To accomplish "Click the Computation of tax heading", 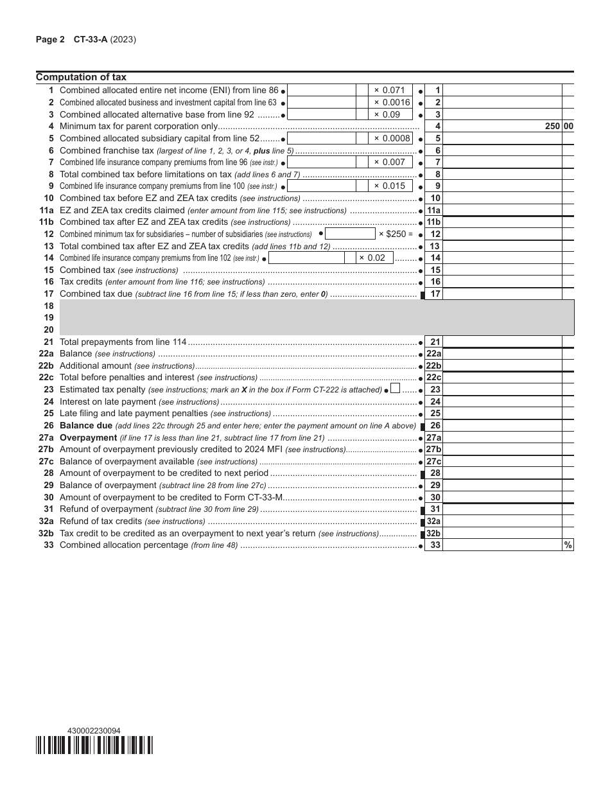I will (81, 78).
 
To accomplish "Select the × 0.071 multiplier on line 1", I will (390, 91).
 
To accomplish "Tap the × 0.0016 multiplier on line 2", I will (392, 102).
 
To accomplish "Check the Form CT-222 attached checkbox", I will (395, 389).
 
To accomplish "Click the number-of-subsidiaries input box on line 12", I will (350, 234).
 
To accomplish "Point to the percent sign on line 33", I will (568, 545).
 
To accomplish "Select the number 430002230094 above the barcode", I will (93, 731).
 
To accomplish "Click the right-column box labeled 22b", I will (434, 365).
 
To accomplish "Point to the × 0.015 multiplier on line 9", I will (390, 186).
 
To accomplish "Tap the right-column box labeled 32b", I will (434, 533).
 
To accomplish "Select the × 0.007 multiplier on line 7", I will (390, 162).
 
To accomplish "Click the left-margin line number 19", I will (49, 317).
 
